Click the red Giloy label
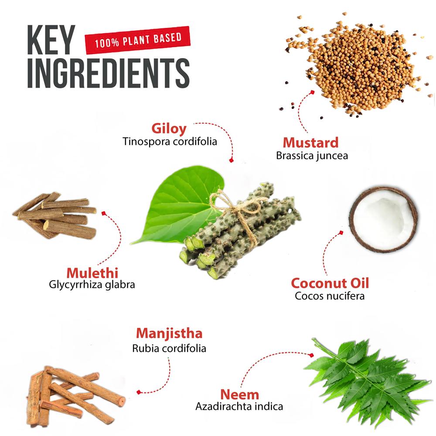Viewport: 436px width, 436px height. [x=169, y=129]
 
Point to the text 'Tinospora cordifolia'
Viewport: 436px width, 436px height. [x=170, y=142]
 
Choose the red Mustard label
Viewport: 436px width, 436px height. [x=310, y=143]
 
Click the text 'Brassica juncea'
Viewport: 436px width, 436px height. [x=312, y=156]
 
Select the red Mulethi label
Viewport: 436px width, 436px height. [x=92, y=273]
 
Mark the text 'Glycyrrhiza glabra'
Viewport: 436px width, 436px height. [x=92, y=285]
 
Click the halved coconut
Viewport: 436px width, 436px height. [x=384, y=218]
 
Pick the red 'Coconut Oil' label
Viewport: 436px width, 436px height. [x=330, y=283]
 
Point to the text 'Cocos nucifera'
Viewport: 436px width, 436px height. [x=330, y=296]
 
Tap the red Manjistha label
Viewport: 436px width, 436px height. [x=169, y=334]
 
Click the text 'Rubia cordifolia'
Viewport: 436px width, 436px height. [x=169, y=348]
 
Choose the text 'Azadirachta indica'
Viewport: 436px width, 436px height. [x=239, y=407]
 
